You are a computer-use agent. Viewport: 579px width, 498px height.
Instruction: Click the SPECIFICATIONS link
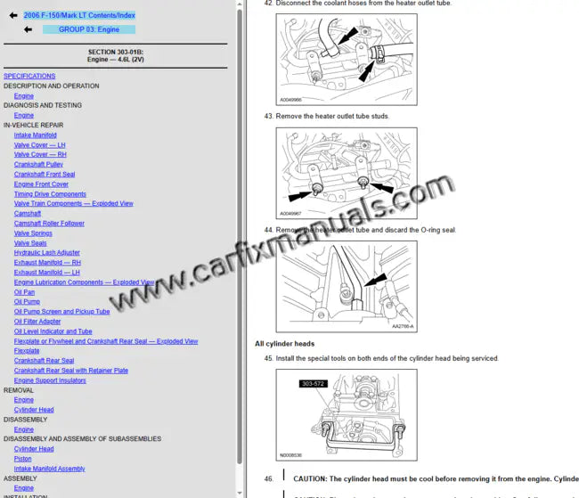tap(29, 77)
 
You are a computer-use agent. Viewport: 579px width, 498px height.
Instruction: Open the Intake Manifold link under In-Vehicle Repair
tap(35, 135)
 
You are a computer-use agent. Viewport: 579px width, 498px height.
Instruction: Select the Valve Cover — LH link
tap(39, 145)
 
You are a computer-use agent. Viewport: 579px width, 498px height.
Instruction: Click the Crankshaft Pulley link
tap(38, 165)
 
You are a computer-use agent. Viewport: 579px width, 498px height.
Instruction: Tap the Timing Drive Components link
tap(50, 194)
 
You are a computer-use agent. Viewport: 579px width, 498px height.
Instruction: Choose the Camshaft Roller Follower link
tap(49, 224)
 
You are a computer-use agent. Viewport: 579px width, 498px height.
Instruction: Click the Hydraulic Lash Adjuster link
tap(46, 253)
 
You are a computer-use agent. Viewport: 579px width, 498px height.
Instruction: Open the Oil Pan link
tap(24, 292)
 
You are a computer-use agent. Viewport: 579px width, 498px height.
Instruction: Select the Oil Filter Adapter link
tap(37, 322)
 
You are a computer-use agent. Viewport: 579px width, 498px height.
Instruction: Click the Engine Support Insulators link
tap(50, 380)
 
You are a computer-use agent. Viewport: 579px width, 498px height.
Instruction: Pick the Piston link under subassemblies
tap(23, 459)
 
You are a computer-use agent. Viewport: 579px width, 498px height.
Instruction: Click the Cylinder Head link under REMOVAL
tap(34, 410)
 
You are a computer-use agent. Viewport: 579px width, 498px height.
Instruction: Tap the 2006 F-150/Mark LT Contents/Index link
tap(79, 15)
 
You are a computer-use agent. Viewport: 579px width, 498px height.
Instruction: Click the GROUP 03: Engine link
tap(89, 29)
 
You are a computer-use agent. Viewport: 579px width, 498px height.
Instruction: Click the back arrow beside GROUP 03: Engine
tap(28, 29)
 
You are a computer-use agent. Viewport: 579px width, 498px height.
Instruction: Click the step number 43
tap(268, 117)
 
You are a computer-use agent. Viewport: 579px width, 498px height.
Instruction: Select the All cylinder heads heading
tap(284, 344)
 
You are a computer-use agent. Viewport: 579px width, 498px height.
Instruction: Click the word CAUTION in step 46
tap(311, 479)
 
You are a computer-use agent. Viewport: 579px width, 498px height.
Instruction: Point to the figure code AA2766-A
tap(403, 326)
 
